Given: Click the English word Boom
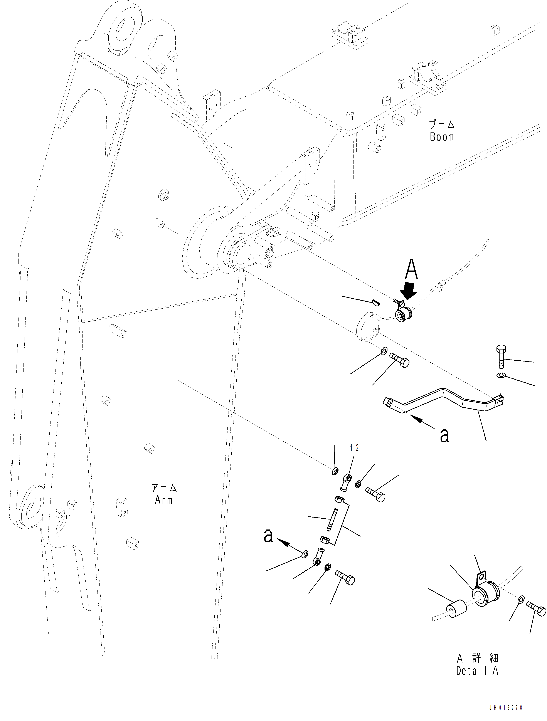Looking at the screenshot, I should point(441,137).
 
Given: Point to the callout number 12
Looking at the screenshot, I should point(354,448).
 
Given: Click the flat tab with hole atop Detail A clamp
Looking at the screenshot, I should point(481,577).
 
